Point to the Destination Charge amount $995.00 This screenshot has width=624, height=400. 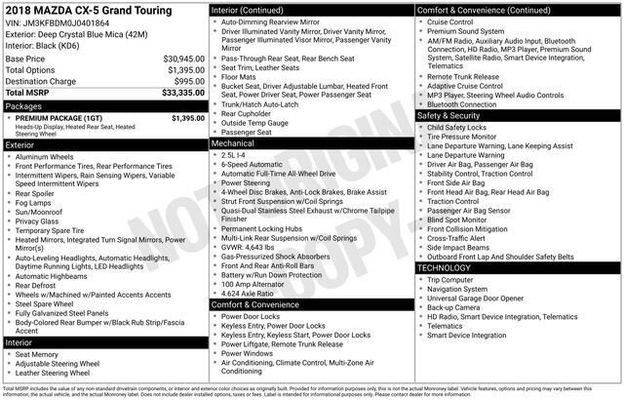point(184,81)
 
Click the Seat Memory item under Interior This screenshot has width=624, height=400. point(43,354)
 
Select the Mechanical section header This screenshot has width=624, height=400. point(239,142)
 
